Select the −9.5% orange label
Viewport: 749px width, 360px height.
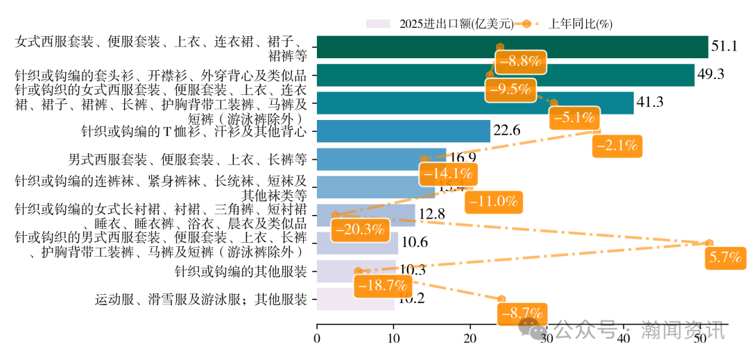[510, 89]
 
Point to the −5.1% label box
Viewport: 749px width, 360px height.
[573, 117]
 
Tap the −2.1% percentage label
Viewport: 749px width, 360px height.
[617, 146]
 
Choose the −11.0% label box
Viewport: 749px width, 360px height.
[493, 202]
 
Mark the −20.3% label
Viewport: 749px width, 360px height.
[358, 230]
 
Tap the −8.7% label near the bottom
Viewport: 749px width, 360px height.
[522, 314]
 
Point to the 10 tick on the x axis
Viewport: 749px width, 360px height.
[394, 338]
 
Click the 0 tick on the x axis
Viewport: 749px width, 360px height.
[317, 338]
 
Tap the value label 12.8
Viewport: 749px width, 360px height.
[432, 214]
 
